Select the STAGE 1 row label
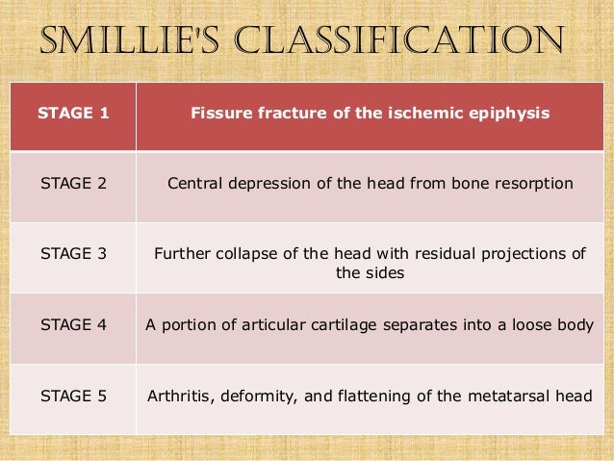[73, 114]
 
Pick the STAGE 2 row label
[73, 184]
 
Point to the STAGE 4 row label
[73, 325]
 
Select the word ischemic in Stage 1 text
[435, 114]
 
